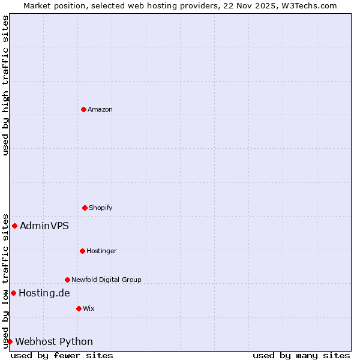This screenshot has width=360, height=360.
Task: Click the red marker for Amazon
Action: (x=83, y=109)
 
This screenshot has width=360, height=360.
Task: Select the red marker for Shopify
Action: (x=85, y=208)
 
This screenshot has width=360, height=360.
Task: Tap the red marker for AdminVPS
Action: (x=14, y=226)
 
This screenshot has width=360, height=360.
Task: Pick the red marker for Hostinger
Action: (x=82, y=251)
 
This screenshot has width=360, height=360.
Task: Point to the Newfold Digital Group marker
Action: (x=67, y=280)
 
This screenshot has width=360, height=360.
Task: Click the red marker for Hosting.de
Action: (x=13, y=293)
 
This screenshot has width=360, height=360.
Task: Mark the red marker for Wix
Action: (x=79, y=308)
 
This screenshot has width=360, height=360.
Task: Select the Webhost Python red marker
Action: (x=10, y=341)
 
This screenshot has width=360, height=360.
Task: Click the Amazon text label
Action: (x=100, y=109)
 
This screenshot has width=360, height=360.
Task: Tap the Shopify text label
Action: (x=101, y=208)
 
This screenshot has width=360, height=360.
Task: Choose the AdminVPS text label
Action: (x=44, y=226)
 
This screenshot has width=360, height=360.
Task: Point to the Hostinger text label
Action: (x=101, y=251)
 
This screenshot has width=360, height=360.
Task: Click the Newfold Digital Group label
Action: (x=106, y=280)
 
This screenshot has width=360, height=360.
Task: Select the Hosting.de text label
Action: (x=44, y=293)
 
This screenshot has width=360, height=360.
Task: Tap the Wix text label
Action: (x=89, y=308)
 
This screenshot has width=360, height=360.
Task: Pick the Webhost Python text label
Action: (x=54, y=341)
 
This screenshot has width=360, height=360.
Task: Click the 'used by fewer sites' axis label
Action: (x=62, y=355)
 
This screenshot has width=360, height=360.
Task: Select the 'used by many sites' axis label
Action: (x=301, y=355)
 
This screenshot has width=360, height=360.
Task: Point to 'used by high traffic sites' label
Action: (x=5, y=85)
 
